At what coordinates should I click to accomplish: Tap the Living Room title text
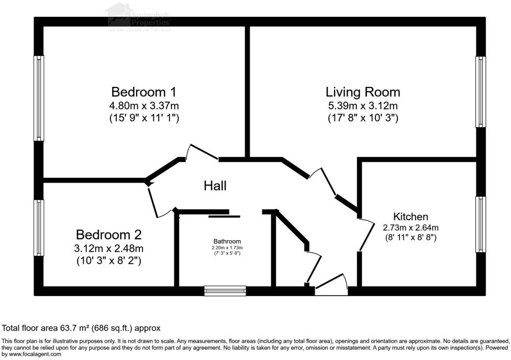[x=362, y=92]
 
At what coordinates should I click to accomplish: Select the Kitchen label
[x=410, y=217]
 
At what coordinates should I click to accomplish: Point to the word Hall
[x=215, y=185]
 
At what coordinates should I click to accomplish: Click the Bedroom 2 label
[x=108, y=234]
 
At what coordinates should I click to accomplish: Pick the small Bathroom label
[x=227, y=241]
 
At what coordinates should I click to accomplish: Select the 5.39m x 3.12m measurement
[x=362, y=106]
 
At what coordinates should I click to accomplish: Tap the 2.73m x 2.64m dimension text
[x=410, y=228]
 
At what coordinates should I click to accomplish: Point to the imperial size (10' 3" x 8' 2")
[x=108, y=260]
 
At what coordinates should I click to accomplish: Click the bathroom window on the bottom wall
[x=225, y=290]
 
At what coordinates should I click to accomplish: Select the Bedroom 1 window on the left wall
[x=39, y=98]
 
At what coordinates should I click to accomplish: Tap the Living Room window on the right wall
[x=481, y=92]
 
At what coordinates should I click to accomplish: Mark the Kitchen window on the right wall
[x=481, y=224]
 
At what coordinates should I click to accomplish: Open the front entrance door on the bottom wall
[x=331, y=285]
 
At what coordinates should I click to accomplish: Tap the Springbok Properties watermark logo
[x=139, y=17]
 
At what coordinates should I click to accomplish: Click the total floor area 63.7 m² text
[x=81, y=328]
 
